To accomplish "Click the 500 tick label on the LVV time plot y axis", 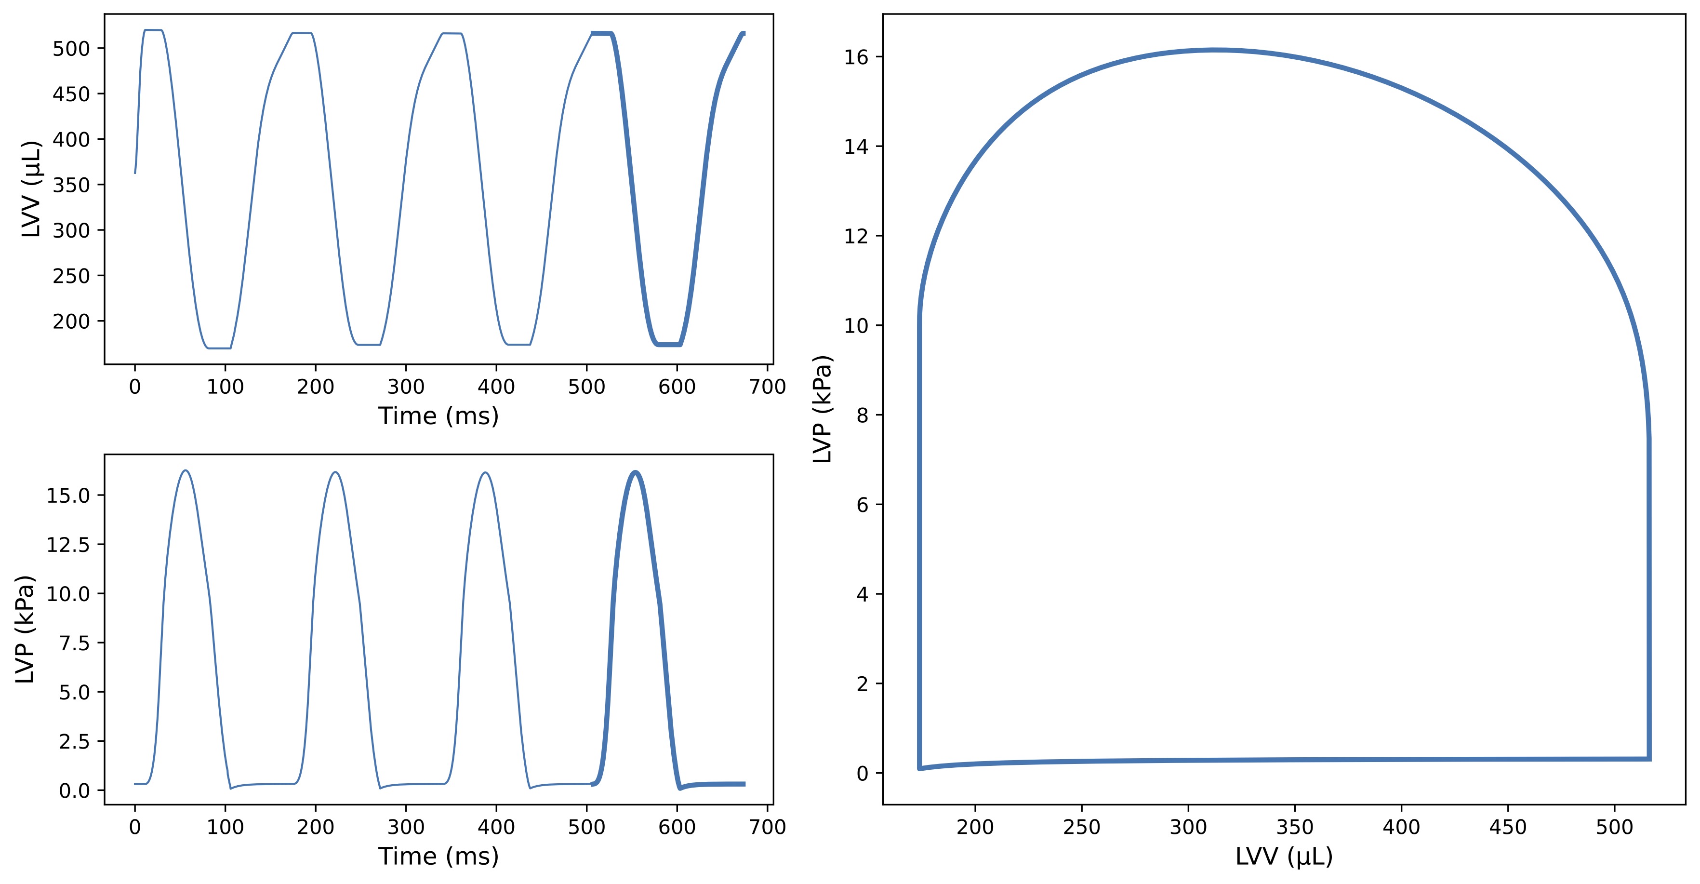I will (x=71, y=49).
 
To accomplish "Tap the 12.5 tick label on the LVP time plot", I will (x=67, y=545).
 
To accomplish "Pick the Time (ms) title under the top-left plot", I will (x=438, y=416).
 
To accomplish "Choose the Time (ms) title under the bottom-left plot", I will (x=438, y=856).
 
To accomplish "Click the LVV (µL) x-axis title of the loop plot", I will (x=1284, y=856).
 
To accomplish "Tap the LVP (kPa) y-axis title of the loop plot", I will (x=822, y=409).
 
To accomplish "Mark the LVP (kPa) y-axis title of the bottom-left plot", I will (x=25, y=629).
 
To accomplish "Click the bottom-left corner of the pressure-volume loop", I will (x=919, y=768).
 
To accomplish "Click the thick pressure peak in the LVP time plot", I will (x=636, y=473).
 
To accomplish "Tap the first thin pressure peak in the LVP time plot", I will (x=186, y=471).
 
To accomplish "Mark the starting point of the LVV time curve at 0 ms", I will (x=135, y=173).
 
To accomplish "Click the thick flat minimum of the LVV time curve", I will (x=668, y=344).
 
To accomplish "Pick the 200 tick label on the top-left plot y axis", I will (x=71, y=321).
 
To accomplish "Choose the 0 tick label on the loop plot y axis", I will (x=862, y=774).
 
